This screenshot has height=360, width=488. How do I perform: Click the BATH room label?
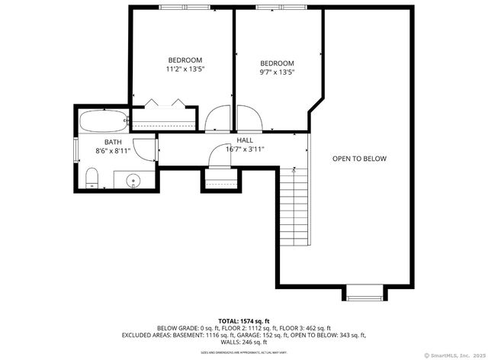[113, 142]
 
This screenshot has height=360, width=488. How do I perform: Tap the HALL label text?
[245, 140]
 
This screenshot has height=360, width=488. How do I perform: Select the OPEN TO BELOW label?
[359, 159]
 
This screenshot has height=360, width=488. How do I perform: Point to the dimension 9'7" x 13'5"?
[277, 72]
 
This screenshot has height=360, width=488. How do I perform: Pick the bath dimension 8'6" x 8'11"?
[113, 151]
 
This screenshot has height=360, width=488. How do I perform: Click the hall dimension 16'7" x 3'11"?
[245, 149]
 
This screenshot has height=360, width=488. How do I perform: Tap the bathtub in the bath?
[102, 121]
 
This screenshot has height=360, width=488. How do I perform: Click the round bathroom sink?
[133, 182]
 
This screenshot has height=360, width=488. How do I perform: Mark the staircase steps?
[292, 206]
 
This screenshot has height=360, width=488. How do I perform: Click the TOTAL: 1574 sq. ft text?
[244, 321]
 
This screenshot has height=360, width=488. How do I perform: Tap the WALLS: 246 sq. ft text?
[244, 342]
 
